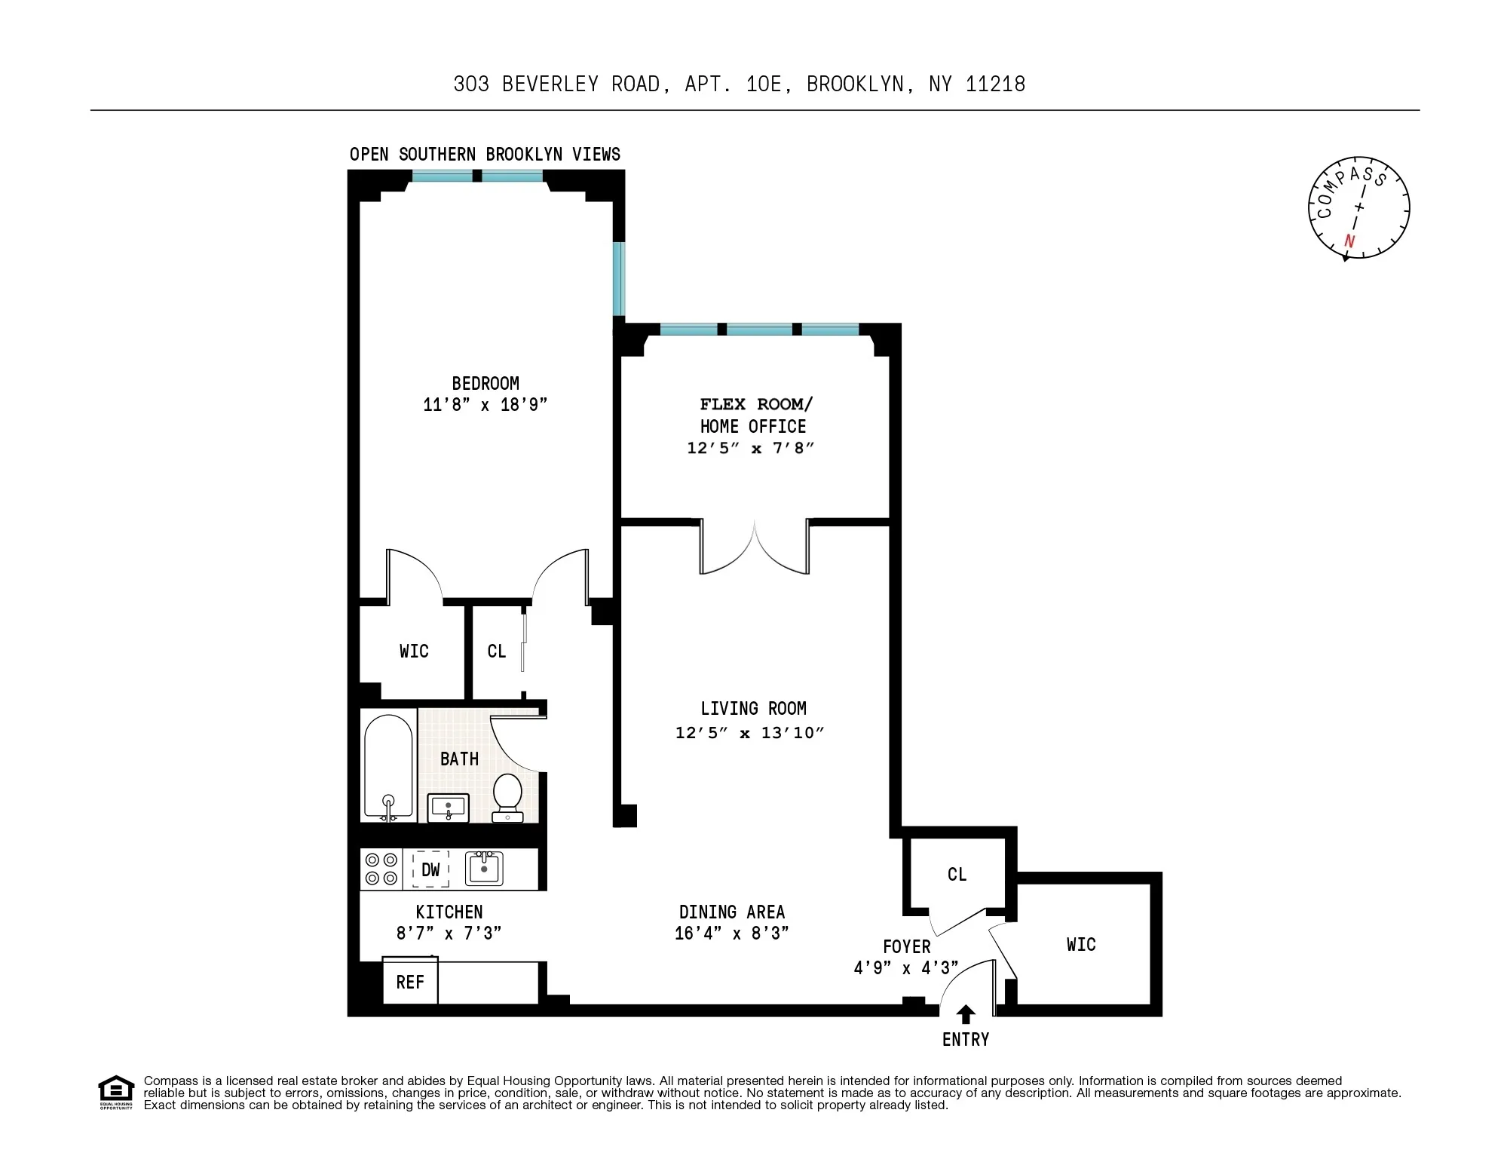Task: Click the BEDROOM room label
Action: coord(485,383)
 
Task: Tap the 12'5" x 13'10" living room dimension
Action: coord(749,733)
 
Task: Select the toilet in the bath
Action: coord(507,796)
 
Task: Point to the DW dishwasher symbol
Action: coord(430,869)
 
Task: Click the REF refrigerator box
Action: coord(410,982)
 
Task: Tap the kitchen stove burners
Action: coord(381,869)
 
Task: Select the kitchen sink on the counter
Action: coord(484,868)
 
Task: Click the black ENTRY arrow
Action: coord(966,1014)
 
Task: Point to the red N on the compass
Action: coord(1349,241)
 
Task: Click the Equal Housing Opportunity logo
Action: coord(116,1092)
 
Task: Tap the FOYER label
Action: coord(906,946)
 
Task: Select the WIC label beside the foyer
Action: coord(1080,944)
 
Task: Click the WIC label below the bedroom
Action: coord(414,651)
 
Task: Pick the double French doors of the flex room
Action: coord(755,548)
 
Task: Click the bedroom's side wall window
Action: coord(619,278)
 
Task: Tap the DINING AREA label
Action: coord(731,912)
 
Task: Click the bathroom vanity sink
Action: coord(449,808)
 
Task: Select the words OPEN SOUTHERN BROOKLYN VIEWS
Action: coord(485,155)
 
